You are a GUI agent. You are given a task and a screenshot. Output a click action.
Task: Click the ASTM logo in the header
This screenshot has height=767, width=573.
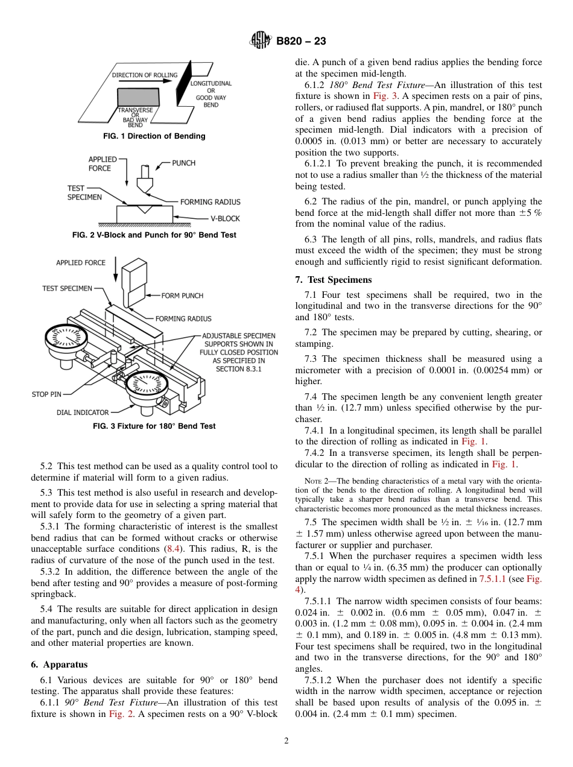coord(261,41)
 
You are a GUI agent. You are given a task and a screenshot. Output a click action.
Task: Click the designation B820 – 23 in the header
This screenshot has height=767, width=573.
coord(301,41)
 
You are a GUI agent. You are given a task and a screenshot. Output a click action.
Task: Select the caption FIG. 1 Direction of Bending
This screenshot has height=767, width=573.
coord(154,136)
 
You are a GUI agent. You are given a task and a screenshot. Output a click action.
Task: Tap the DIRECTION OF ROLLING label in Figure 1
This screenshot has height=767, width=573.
coord(145,75)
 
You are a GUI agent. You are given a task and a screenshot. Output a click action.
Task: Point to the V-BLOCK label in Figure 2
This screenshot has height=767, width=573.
coord(225,219)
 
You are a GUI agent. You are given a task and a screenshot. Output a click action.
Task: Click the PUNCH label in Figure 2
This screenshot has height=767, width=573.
coord(183,163)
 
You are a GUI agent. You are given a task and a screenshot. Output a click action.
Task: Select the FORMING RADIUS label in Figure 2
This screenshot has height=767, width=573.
coord(210,202)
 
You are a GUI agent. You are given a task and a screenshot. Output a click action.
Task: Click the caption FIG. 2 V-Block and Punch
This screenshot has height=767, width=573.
coord(154,235)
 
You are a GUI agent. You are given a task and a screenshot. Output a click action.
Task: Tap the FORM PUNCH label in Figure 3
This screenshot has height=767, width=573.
coord(182,295)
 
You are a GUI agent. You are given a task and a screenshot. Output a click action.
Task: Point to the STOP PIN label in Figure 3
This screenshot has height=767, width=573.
coord(46,394)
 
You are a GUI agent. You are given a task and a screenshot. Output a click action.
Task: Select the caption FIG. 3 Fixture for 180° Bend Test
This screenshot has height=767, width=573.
coord(154,426)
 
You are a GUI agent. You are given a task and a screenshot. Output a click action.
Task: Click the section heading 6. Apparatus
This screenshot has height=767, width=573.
coord(59,664)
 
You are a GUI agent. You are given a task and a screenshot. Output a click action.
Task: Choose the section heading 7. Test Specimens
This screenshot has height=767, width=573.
coord(333,280)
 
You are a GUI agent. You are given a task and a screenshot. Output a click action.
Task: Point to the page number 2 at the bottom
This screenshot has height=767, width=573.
coord(286,741)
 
